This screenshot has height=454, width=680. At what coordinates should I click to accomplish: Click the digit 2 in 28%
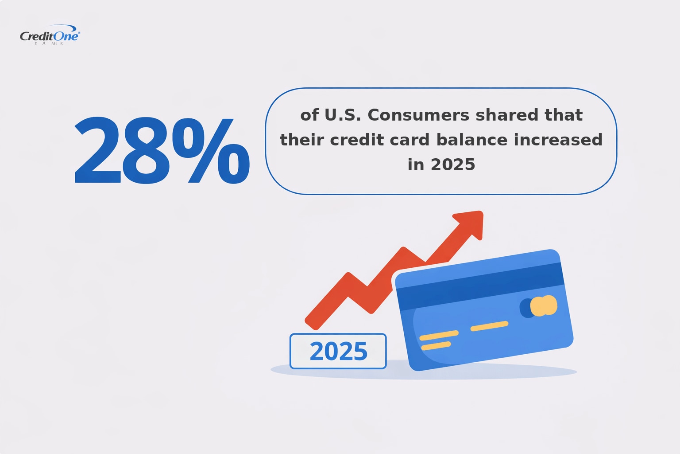[x=98, y=151]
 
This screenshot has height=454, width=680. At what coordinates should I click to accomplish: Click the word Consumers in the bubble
[x=418, y=115]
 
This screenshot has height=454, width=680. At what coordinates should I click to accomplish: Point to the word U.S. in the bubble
[x=343, y=115]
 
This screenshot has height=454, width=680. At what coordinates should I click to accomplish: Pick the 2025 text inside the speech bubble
[x=452, y=165]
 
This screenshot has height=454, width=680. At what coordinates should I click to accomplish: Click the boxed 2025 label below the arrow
[x=338, y=351]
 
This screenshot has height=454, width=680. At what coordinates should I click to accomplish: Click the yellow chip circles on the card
[x=543, y=306]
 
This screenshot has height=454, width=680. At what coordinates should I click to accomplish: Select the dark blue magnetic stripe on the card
[x=480, y=286]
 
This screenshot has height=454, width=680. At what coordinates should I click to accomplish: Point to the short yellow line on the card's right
[x=489, y=326]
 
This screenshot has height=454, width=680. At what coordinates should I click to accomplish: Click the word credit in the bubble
[x=353, y=140]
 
